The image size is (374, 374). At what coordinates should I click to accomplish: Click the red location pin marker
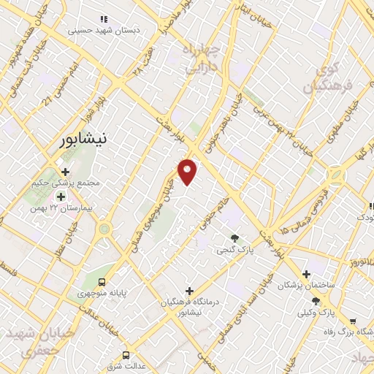tap(188, 171)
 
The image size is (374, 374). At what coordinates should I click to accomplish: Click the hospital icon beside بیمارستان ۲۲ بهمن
tap(61, 196)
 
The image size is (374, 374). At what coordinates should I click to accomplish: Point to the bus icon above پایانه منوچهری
tap(102, 281)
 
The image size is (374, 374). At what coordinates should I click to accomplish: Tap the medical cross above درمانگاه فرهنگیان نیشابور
tap(189, 291)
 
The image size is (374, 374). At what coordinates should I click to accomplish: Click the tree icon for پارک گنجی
tap(234, 238)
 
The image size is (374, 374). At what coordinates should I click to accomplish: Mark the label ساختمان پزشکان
tap(305, 285)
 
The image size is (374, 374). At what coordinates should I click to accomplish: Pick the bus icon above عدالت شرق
tap(126, 356)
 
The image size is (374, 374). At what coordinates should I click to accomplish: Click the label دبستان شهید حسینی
tap(102, 31)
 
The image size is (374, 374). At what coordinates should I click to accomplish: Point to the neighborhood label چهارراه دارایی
tap(198, 58)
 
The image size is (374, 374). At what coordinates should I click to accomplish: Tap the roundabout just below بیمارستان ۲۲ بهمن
tap(104, 229)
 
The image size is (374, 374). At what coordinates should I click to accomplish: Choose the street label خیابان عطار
tap(70, 252)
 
